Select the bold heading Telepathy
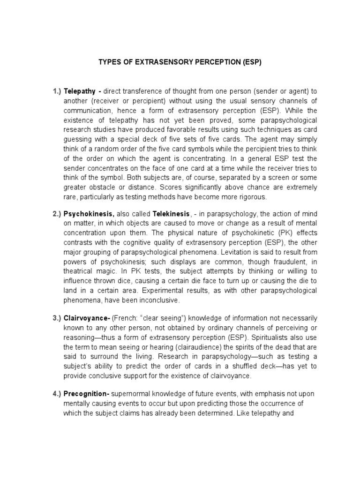coord(80,90)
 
